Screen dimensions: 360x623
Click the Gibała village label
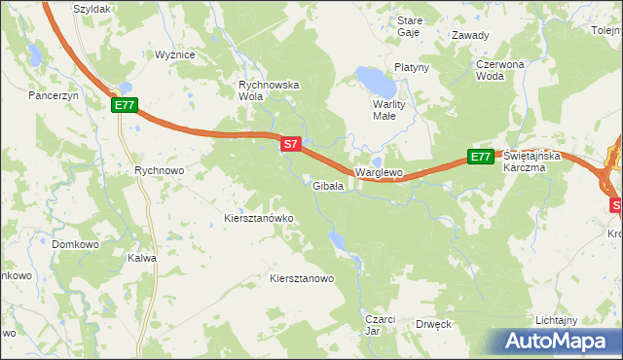pos(326,186)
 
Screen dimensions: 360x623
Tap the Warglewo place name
pos(379,172)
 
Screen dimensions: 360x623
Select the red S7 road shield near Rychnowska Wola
pos(290,144)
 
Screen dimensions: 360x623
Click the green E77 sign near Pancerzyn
pos(125,105)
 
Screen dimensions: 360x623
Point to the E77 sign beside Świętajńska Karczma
pos(480,156)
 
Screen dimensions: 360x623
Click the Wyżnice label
pos(175,55)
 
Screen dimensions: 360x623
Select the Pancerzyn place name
pos(53,96)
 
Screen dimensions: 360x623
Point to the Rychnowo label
pos(159,169)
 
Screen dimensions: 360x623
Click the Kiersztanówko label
pos(259,218)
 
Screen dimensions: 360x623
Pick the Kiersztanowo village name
pos(302,278)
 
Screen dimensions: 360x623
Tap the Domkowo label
pos(76,244)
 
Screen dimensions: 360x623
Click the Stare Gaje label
pos(409,26)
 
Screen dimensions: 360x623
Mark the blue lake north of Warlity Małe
pos(372,77)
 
